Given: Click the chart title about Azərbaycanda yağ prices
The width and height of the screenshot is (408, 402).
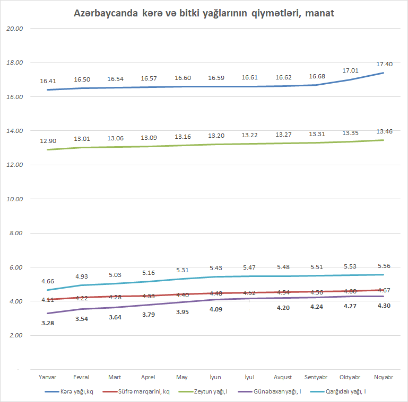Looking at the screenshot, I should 204,12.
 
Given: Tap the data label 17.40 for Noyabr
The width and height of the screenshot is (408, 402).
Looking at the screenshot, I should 384,64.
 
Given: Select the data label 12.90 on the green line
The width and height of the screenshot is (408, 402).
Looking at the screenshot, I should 48,141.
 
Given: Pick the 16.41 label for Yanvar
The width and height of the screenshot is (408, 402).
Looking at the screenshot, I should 48,82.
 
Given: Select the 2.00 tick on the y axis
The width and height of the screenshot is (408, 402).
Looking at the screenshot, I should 16,336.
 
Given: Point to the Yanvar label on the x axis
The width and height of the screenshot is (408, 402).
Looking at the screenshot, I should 48,377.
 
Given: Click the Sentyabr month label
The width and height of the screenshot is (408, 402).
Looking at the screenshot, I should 316,377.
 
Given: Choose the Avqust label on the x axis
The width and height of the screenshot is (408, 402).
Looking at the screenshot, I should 283,377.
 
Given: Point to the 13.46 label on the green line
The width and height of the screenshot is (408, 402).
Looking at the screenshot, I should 384,131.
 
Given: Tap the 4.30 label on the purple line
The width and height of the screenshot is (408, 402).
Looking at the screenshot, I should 384,306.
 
